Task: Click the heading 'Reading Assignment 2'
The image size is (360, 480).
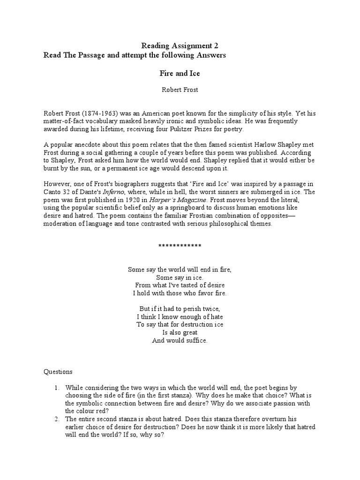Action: [180, 46]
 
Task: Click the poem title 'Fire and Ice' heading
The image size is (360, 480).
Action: [180, 74]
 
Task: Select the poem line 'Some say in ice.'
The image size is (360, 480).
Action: [180, 277]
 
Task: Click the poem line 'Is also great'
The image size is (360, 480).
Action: [180, 332]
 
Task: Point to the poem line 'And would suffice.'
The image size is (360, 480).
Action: [180, 340]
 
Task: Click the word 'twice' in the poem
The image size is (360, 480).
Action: [210, 309]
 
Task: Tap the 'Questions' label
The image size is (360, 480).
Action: [58, 372]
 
